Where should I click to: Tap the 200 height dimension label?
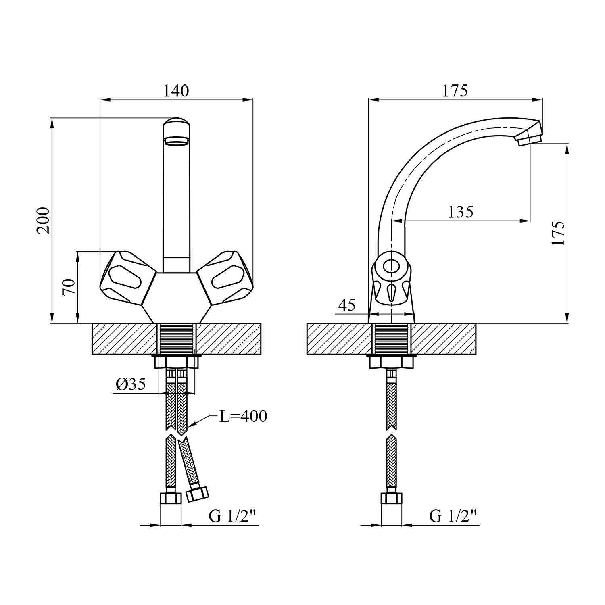click(43, 220)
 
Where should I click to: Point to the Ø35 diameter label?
click(130, 384)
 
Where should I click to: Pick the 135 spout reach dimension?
click(461, 212)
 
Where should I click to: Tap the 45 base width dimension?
click(347, 305)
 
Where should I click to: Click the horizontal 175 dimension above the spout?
click(455, 91)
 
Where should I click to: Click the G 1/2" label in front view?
click(233, 516)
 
